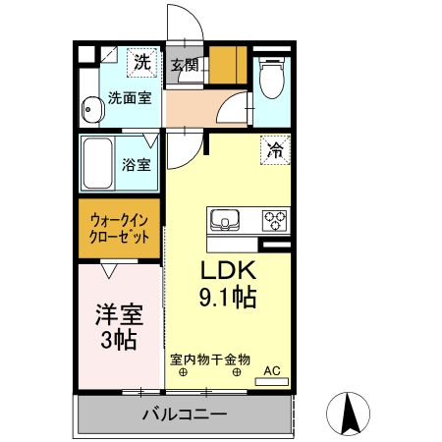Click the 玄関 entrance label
(184, 66)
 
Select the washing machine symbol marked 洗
(144, 61)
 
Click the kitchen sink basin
(224, 220)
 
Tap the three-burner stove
(273, 220)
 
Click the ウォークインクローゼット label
(120, 229)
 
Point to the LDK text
(229, 272)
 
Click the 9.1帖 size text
(230, 297)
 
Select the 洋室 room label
(118, 316)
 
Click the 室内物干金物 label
(210, 359)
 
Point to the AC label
(273, 370)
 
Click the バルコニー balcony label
(183, 414)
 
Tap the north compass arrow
(348, 414)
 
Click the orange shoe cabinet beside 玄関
(228, 65)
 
